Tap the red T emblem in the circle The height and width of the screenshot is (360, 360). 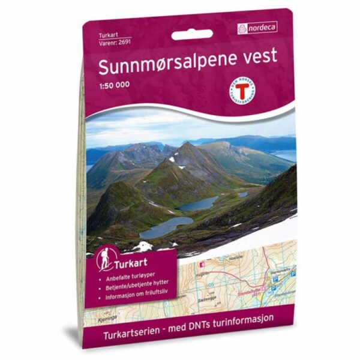pyautogui.click(x=243, y=91)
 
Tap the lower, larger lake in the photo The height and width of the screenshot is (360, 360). pyautogui.click(x=164, y=226)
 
